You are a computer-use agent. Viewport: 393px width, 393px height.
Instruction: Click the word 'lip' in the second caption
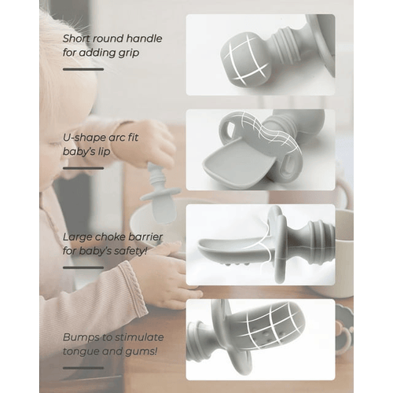104,152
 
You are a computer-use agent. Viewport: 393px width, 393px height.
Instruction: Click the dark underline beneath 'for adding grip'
83,69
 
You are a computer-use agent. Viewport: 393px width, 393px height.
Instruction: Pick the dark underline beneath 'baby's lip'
83,168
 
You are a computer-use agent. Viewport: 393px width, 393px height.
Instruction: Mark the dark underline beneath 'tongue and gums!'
83,368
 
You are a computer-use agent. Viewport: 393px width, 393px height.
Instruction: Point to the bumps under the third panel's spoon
235,263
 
